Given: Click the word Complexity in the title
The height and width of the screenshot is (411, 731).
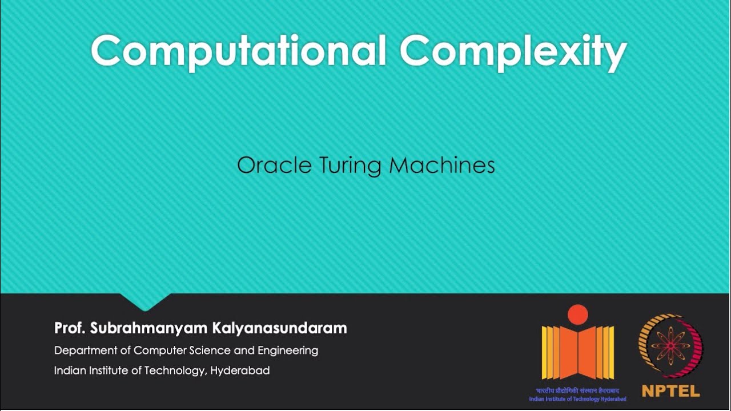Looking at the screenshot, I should click(x=513, y=51).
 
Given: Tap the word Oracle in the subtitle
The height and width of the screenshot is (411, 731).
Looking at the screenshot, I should click(x=267, y=166).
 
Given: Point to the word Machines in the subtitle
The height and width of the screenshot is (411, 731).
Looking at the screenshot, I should click(x=441, y=166).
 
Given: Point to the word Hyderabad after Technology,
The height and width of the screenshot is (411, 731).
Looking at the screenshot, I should click(x=240, y=370).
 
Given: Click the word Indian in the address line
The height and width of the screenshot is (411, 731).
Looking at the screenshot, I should click(x=69, y=370).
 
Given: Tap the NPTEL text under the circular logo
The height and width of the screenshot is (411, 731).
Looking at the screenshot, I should click(x=670, y=392).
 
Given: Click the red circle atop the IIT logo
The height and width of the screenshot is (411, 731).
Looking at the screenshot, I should click(x=577, y=315).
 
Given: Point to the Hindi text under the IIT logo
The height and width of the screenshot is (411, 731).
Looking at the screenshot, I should click(x=577, y=391).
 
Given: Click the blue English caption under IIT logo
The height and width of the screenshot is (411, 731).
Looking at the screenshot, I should click(x=577, y=399).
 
